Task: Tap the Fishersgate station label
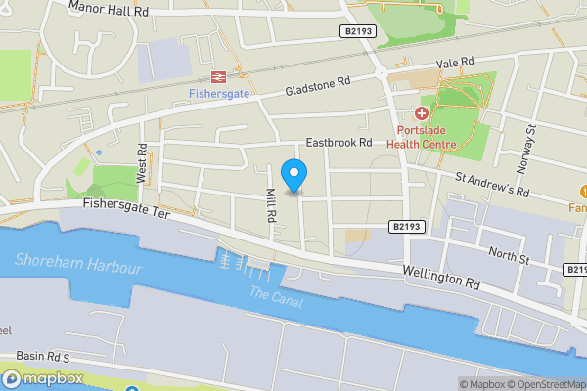(218, 93)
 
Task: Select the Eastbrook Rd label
(339, 142)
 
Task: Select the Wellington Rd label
(440, 277)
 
